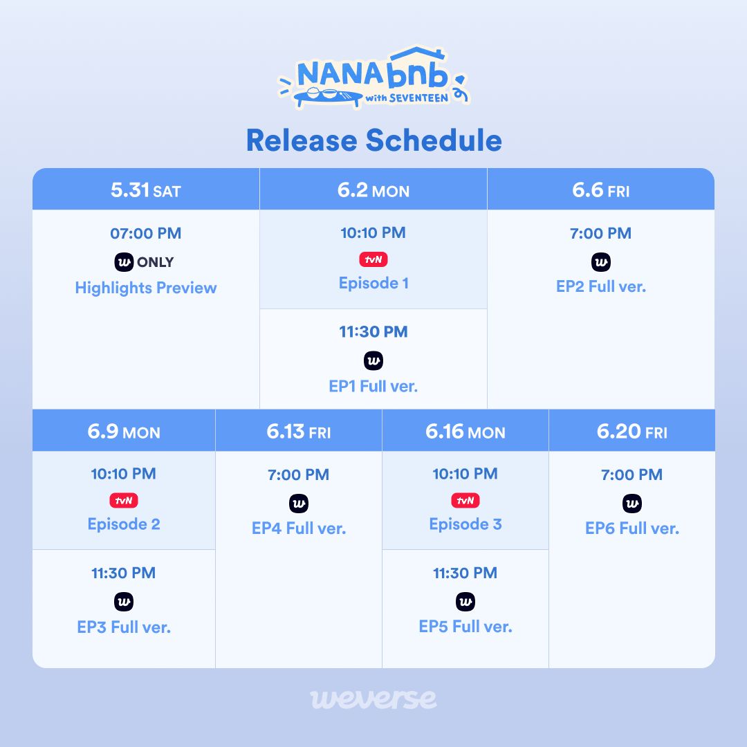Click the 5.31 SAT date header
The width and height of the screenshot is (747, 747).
click(146, 190)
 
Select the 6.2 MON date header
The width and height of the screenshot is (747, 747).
click(373, 190)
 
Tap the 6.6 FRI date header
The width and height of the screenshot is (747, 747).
click(601, 190)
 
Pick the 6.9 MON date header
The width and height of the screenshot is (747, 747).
click(124, 432)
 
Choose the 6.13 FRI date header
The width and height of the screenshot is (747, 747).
click(299, 432)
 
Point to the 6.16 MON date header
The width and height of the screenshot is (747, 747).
click(465, 432)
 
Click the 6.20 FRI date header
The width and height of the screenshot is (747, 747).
click(632, 432)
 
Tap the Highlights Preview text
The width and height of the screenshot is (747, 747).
click(146, 288)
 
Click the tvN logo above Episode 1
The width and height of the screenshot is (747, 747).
click(373, 259)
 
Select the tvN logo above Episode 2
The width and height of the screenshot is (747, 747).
click(124, 500)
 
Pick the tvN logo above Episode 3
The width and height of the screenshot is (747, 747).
click(465, 500)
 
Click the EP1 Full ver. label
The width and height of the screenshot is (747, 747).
click(373, 386)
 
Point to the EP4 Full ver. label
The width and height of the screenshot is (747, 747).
click(299, 528)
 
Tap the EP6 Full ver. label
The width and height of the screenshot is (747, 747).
click(632, 528)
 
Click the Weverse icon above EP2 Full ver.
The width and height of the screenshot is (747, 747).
click(601, 262)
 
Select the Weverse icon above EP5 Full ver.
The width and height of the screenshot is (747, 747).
click(465, 602)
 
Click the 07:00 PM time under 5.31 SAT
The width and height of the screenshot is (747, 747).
click(146, 234)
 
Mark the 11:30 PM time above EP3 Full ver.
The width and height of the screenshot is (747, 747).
click(124, 573)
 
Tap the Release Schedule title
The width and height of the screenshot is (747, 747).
click(373, 140)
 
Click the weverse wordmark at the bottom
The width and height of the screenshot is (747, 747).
click(373, 698)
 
